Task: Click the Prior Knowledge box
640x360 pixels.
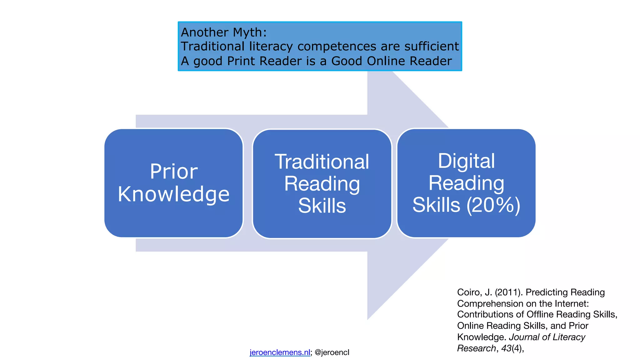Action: click(x=173, y=183)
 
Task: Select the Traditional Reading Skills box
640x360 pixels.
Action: click(x=322, y=184)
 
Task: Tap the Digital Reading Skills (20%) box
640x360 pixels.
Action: click(x=466, y=183)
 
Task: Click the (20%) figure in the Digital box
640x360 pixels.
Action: click(x=493, y=205)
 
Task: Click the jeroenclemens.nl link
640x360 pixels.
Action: click(x=280, y=352)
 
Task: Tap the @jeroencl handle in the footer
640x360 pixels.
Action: click(x=332, y=352)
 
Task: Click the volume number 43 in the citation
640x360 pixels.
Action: click(x=506, y=348)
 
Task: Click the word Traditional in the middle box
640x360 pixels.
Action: click(x=322, y=162)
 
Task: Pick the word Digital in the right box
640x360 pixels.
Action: click(x=466, y=161)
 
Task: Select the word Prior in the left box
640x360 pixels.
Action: click(x=174, y=171)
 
